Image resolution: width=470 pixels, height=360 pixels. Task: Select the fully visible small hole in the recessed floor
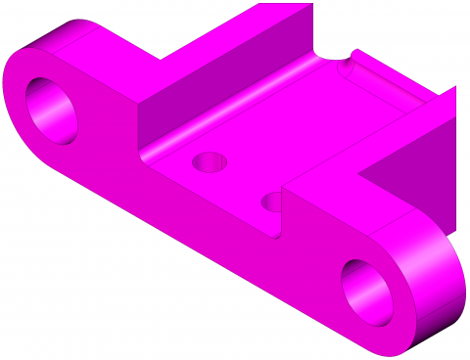[209, 161]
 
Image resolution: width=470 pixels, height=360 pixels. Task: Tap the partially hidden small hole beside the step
[273, 202]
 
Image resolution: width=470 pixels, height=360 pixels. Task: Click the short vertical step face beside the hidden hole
[284, 210]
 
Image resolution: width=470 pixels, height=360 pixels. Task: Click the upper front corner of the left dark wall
[139, 104]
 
